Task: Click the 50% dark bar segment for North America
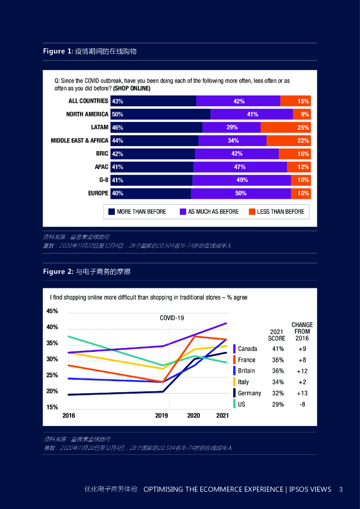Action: click(x=160, y=114)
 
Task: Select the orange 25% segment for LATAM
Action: click(x=285, y=127)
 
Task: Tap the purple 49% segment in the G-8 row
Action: click(x=242, y=180)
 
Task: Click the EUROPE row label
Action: click(x=98, y=193)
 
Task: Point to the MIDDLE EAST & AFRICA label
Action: click(x=80, y=141)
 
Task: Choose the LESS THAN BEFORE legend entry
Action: click(x=280, y=212)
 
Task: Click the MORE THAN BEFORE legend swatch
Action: click(x=112, y=212)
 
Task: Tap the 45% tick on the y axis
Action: click(x=52, y=311)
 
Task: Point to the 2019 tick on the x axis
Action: click(x=161, y=416)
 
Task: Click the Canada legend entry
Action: click(x=247, y=349)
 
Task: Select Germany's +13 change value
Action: click(x=302, y=393)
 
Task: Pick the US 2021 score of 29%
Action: click(x=278, y=405)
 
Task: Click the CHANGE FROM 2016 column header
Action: click(x=302, y=332)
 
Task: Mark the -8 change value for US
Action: click(x=302, y=405)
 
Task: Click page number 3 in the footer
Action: click(x=341, y=489)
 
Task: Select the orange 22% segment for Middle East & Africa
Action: click(x=288, y=141)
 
